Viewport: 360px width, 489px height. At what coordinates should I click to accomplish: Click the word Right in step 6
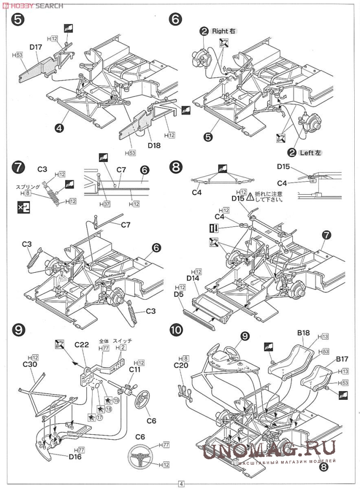coord(221,31)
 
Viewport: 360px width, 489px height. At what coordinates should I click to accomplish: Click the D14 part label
coord(193,279)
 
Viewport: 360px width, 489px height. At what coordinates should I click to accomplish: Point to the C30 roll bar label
coord(30,364)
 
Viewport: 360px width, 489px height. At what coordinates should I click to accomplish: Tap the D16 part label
coord(76,456)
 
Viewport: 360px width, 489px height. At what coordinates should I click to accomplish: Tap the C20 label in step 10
coord(182,364)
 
